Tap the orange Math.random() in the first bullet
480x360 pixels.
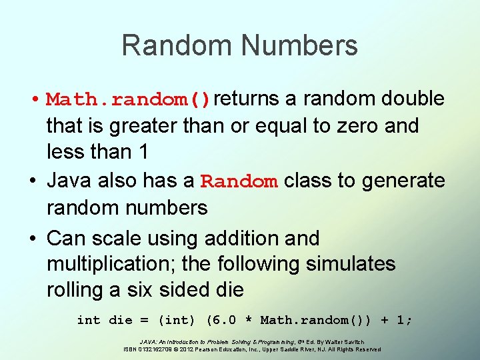pos(129,100)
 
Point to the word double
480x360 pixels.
pos(413,99)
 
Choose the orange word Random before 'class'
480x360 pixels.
pos(239,181)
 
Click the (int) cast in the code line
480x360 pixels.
pos(177,320)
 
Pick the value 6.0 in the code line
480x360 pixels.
pos(222,320)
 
